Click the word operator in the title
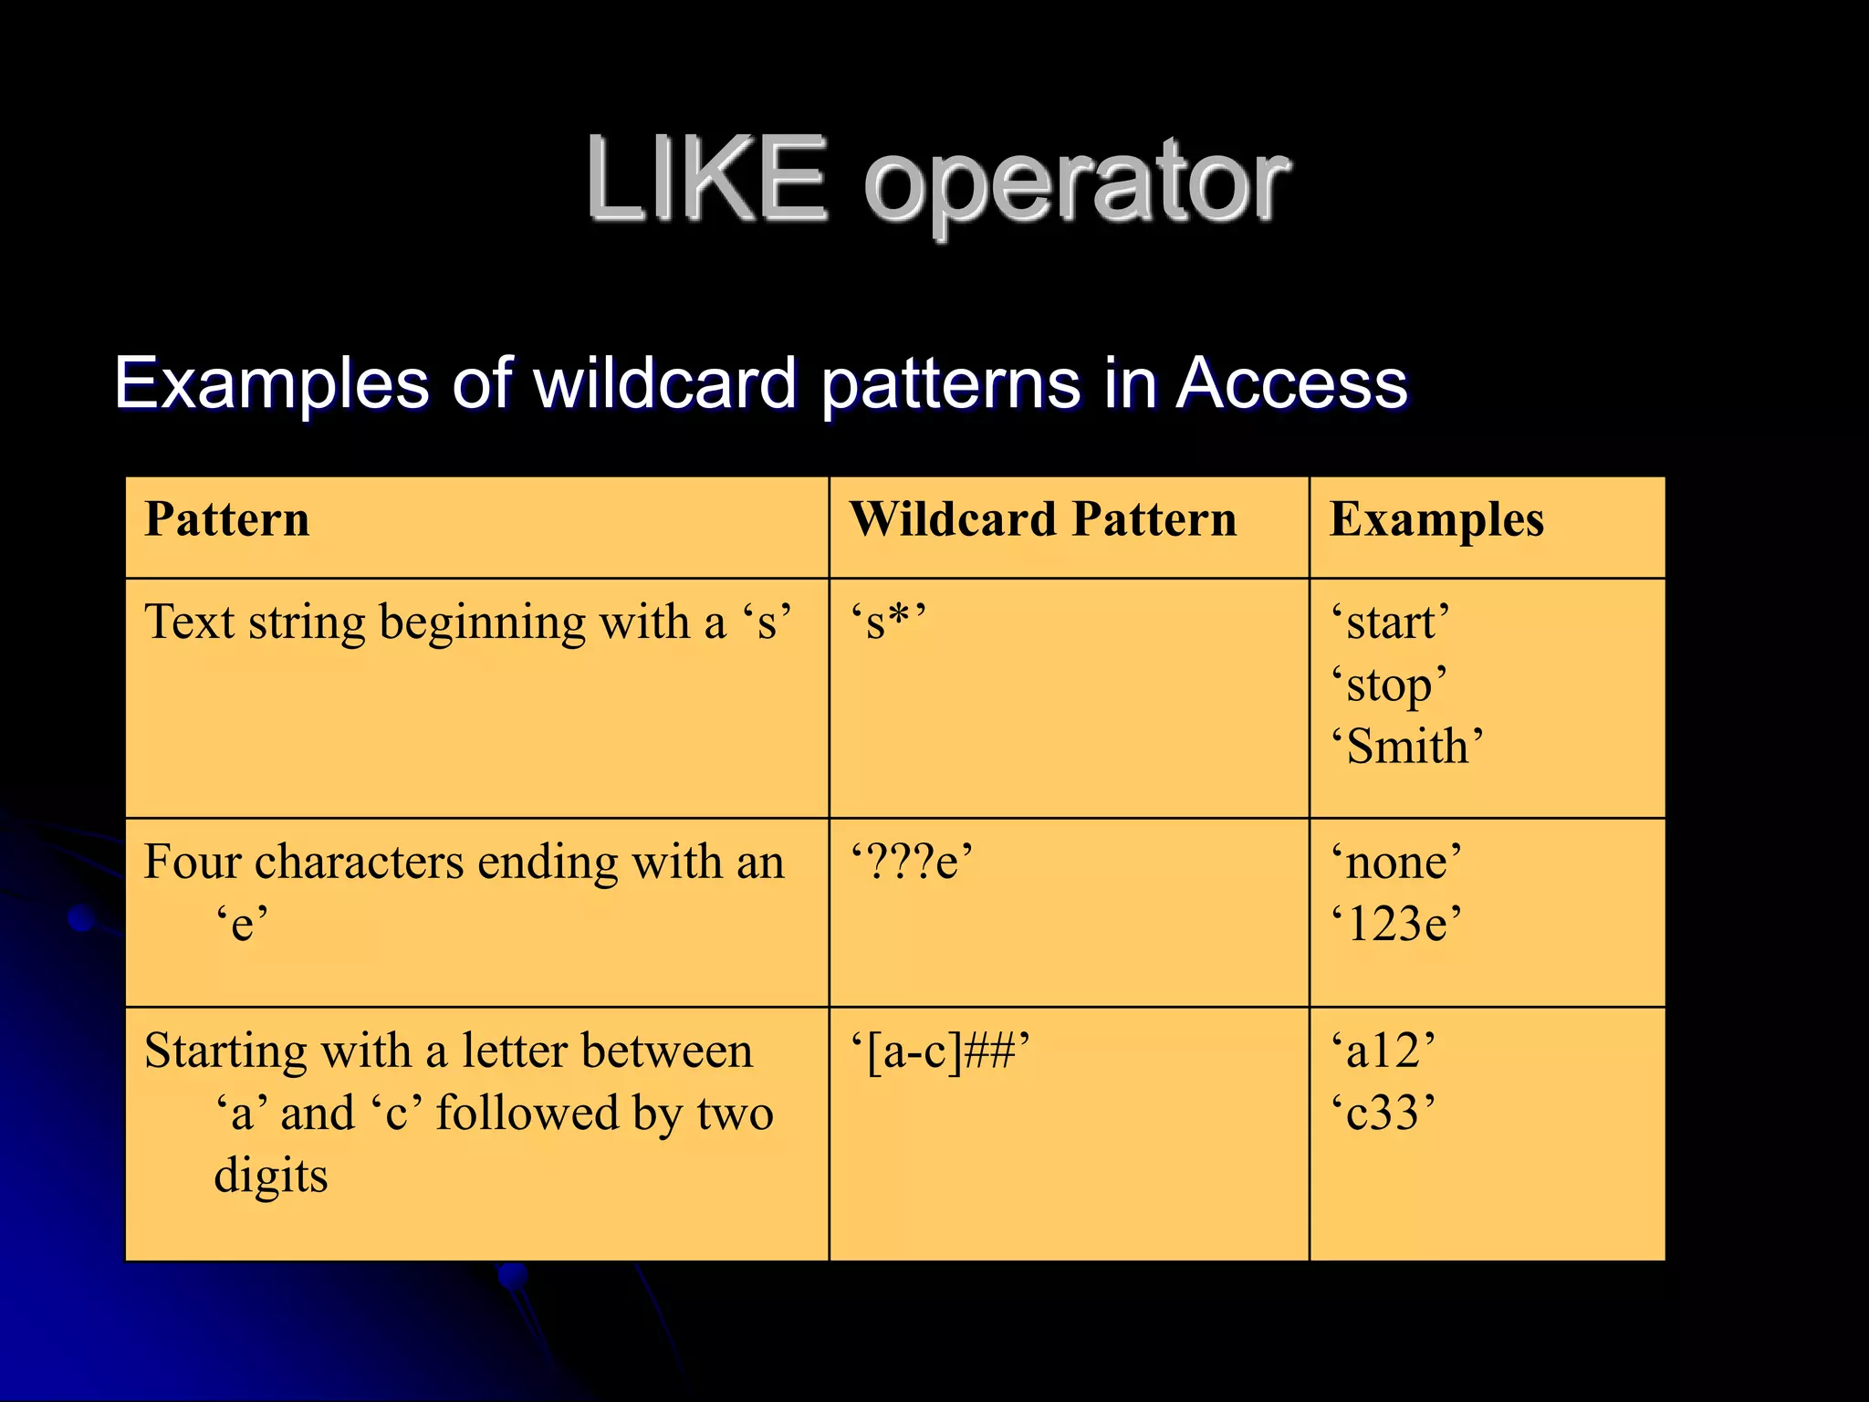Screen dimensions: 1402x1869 pyautogui.click(x=1077, y=183)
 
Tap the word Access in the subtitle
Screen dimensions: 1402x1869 pyautogui.click(x=1291, y=383)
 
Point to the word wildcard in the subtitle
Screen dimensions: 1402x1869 pyautogui.click(x=666, y=383)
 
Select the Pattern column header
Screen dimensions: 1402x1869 pyautogui.click(x=227, y=520)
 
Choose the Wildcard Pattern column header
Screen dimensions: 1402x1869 pyautogui.click(x=1043, y=520)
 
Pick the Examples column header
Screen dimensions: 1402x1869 pyautogui.click(x=1436, y=520)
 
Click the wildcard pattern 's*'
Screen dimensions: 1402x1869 pyautogui.click(x=888, y=623)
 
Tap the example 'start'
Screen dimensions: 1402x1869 pyautogui.click(x=1390, y=623)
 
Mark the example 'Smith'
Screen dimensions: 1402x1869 pyautogui.click(x=1406, y=747)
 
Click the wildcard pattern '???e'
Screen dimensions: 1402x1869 pyautogui.click(x=912, y=863)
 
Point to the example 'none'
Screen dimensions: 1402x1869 pyautogui.click(x=1395, y=863)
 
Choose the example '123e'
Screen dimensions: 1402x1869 pyautogui.click(x=1395, y=924)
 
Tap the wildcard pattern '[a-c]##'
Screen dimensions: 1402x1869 pyautogui.click(x=940, y=1051)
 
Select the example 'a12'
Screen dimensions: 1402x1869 pyautogui.click(x=1383, y=1051)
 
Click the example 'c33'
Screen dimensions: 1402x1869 pyautogui.click(x=1383, y=1113)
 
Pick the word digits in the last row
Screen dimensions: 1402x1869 pyautogui.click(x=271, y=1176)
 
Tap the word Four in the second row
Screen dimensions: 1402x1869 pyautogui.click(x=190, y=863)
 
